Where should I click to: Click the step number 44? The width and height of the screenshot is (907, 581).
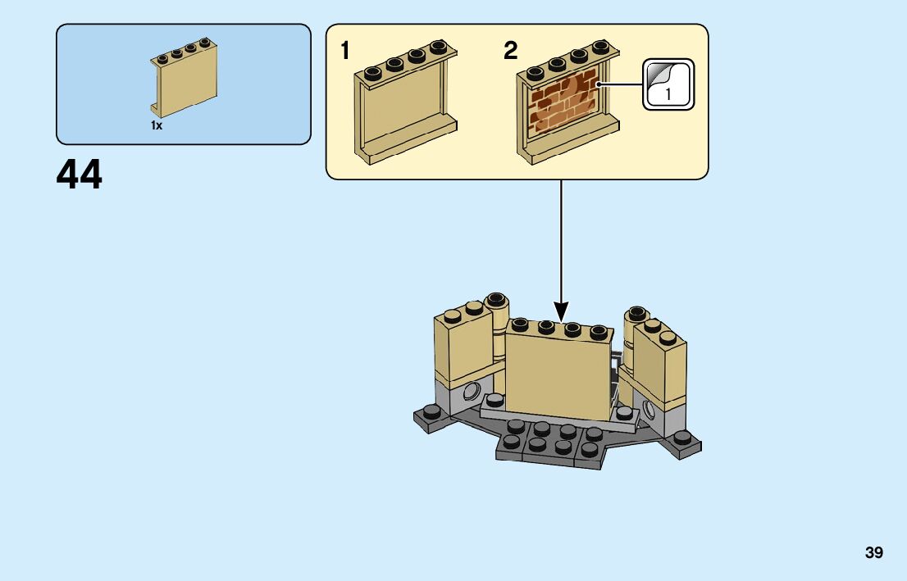click(80, 175)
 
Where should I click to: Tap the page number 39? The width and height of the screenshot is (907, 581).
click(873, 553)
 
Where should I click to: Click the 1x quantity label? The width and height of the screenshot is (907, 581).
click(157, 125)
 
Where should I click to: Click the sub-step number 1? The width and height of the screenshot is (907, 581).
click(345, 52)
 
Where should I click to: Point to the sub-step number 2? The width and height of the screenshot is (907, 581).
click(510, 52)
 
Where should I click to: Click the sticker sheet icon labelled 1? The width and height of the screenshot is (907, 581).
click(668, 84)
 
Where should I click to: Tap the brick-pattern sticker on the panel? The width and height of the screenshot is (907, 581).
click(564, 101)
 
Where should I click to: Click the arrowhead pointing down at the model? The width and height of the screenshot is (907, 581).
click(562, 311)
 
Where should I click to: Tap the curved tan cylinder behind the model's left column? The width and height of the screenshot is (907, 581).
click(497, 336)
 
